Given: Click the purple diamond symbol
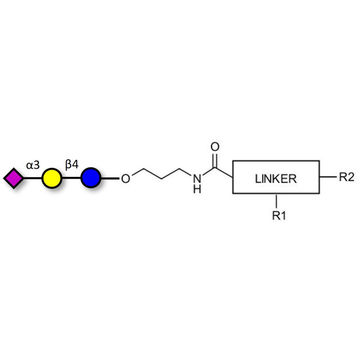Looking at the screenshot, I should (x=13, y=178).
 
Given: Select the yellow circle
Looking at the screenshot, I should (x=51, y=178).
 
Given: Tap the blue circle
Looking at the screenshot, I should (x=90, y=178).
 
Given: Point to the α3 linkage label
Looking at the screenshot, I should (x=33, y=165).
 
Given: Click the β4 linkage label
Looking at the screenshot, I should (x=72, y=165).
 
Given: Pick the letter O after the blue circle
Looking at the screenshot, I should (x=126, y=179).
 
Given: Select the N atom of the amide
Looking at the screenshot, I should (x=197, y=179).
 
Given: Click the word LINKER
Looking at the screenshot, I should (x=276, y=178).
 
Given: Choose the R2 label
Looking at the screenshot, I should (x=346, y=177).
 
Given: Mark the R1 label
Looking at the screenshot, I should (x=279, y=216).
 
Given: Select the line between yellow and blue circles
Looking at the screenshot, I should (x=71, y=178).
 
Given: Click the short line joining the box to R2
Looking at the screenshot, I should (x=328, y=177).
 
